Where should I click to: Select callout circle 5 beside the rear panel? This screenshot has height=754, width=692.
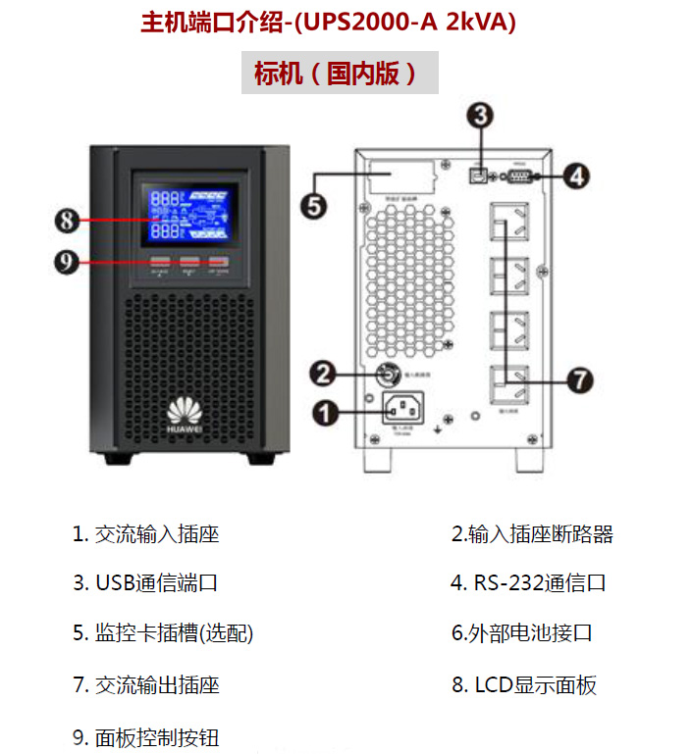(x=311, y=206)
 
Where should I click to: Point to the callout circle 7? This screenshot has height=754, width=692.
(x=581, y=379)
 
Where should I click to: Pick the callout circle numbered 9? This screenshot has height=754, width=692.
(x=67, y=264)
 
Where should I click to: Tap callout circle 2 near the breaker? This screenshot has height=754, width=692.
(x=323, y=373)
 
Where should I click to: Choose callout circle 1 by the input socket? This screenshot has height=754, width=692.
(x=324, y=412)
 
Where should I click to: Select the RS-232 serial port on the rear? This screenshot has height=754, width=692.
(x=519, y=176)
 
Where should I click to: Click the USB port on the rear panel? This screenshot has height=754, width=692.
(x=478, y=176)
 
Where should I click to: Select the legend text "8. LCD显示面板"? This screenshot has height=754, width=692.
(x=523, y=684)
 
